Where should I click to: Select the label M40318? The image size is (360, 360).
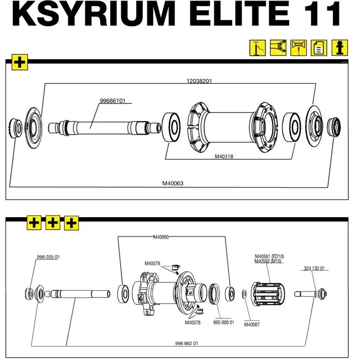pos(224,157)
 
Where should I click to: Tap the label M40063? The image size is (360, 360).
pos(173,183)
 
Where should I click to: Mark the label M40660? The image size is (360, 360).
pos(161,237)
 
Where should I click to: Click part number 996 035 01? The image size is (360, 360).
pos(48,257)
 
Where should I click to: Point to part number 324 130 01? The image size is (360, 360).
pos(315,269)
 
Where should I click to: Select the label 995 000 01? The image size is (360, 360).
pos(224,322)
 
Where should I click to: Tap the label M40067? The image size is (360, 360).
pos(252,325)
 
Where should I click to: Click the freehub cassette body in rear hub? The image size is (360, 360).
pos(269,294)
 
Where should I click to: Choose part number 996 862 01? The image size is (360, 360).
pos(187,343)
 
